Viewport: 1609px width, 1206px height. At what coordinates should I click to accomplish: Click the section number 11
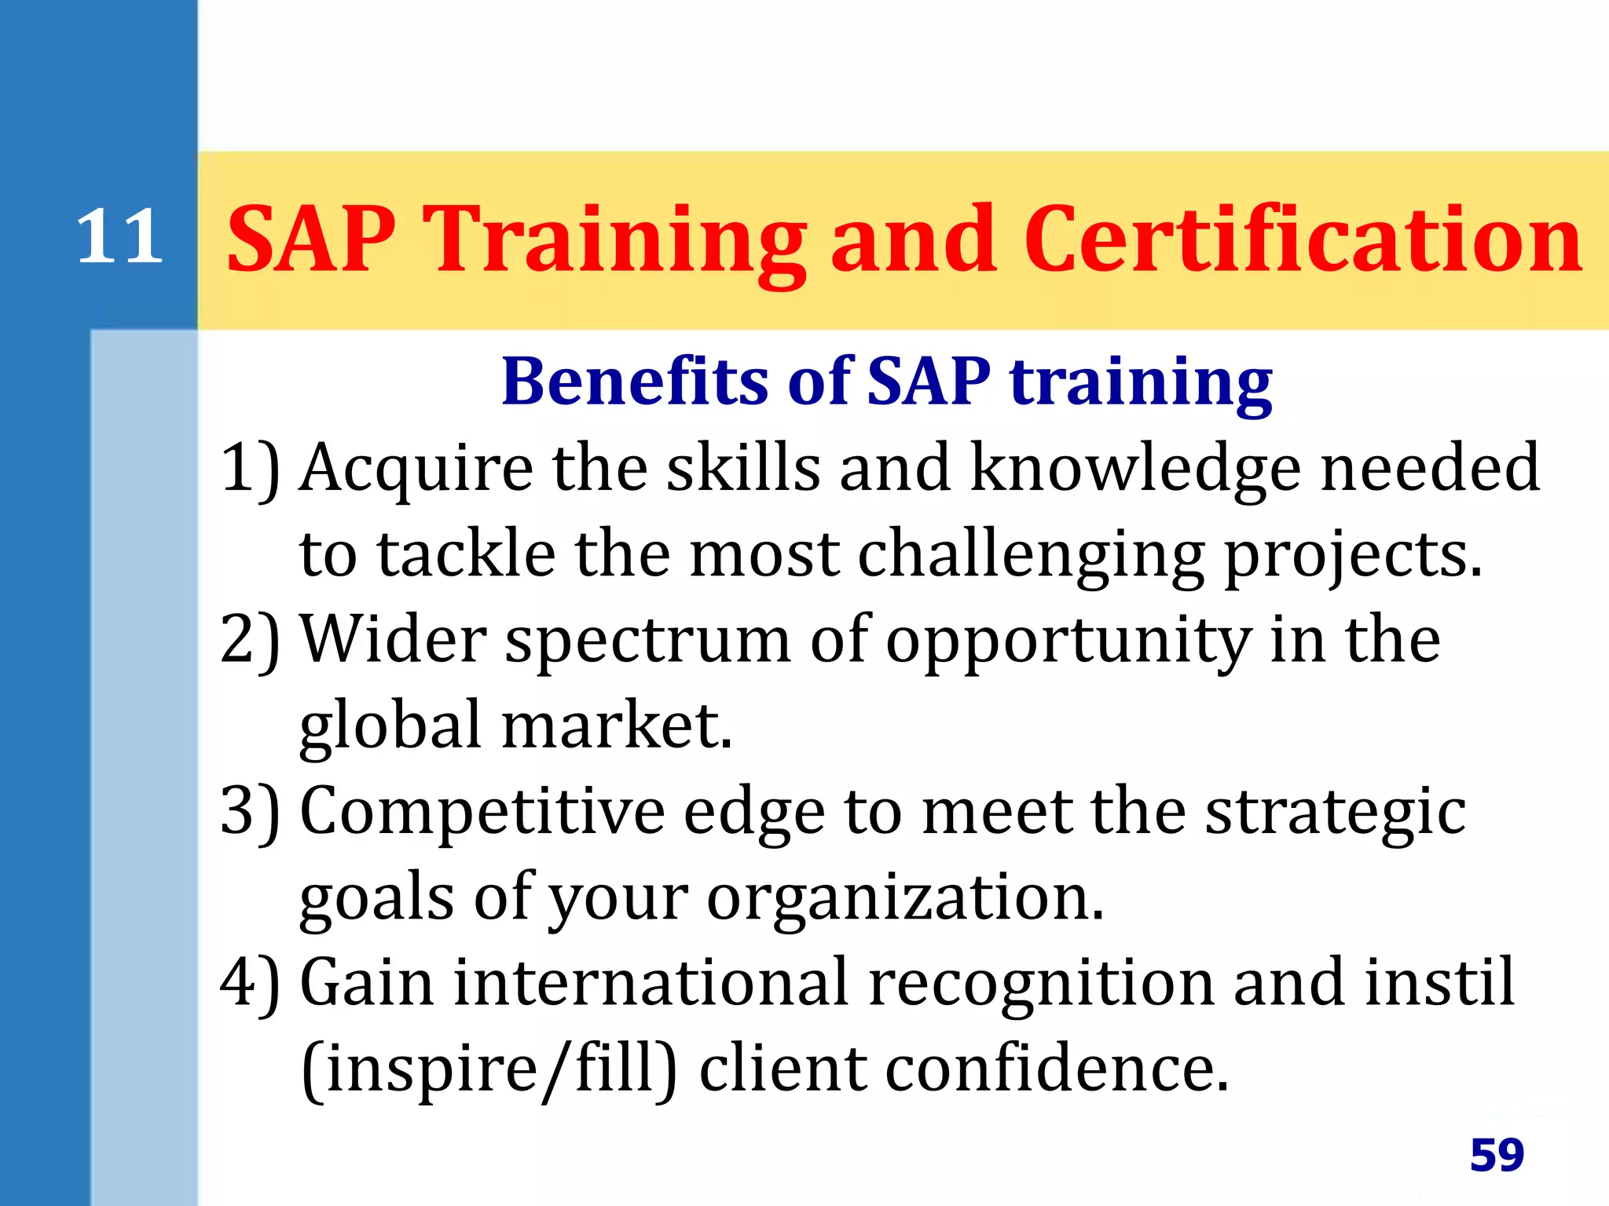pyautogui.click(x=119, y=237)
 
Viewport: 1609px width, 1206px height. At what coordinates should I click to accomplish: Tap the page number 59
pyautogui.click(x=1496, y=1155)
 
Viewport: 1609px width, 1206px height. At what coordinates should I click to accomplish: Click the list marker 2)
pyautogui.click(x=250, y=641)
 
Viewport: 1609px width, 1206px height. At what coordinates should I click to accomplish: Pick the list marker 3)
pyautogui.click(x=250, y=812)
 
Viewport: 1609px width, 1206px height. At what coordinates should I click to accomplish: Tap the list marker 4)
pyautogui.click(x=250, y=983)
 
